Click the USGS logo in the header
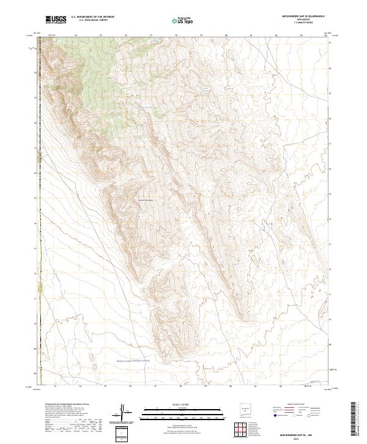pyautogui.click(x=56, y=20)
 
